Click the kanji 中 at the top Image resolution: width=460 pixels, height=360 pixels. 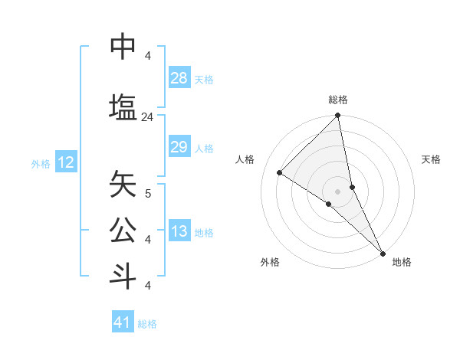(123, 47)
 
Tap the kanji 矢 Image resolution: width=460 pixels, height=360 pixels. (123, 185)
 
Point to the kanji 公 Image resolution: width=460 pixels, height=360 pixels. (123, 229)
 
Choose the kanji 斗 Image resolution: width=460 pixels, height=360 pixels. (123, 276)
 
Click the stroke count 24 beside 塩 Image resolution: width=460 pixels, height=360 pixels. (148, 117)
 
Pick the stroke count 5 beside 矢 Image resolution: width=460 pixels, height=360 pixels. (148, 194)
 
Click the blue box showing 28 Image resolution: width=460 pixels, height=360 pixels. (179, 78)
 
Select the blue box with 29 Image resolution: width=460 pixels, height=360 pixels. (179, 147)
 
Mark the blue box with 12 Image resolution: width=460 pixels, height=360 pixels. (65, 162)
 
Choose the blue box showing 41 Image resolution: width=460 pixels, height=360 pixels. (123, 322)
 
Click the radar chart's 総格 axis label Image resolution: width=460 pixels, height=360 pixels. (338, 100)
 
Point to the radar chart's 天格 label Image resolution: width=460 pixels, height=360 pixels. (431, 159)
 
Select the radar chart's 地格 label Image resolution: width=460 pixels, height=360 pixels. (402, 262)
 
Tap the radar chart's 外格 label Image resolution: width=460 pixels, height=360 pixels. (270, 262)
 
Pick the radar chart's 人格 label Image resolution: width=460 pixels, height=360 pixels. (245, 159)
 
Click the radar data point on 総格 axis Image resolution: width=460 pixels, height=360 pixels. (338, 116)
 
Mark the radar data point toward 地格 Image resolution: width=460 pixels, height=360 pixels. (382, 252)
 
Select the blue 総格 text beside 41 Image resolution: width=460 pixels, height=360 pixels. (147, 324)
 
